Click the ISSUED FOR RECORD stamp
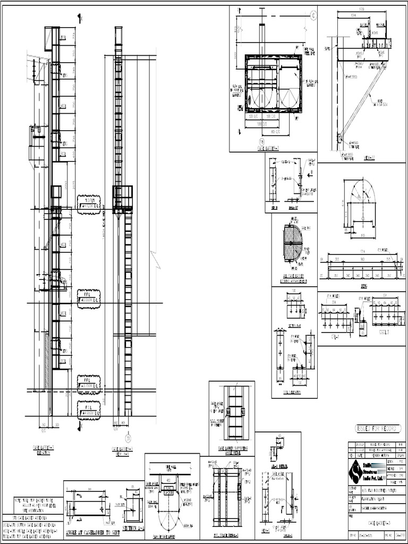pos(377,428)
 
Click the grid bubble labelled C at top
pos(313,15)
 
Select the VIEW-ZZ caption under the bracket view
pos(369,157)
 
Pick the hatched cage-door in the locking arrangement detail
pos(293,243)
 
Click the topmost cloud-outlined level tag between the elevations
pos(89,205)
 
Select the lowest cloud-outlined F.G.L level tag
pos(89,411)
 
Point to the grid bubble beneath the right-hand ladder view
pos(127,438)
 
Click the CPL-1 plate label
pos(335,336)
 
